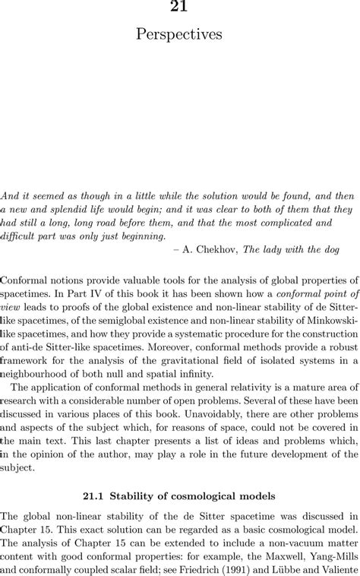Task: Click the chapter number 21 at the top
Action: pos(180,7)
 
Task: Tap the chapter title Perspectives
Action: pos(180,34)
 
